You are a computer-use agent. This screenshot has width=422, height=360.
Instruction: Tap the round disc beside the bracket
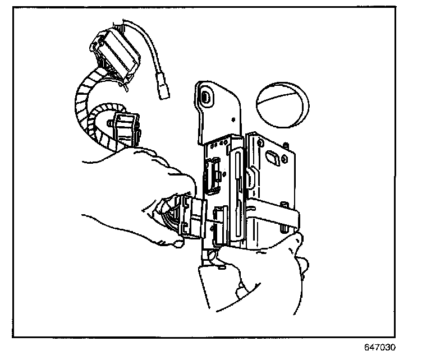click(283, 102)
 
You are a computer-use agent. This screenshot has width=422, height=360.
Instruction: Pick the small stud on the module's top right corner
click(287, 146)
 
